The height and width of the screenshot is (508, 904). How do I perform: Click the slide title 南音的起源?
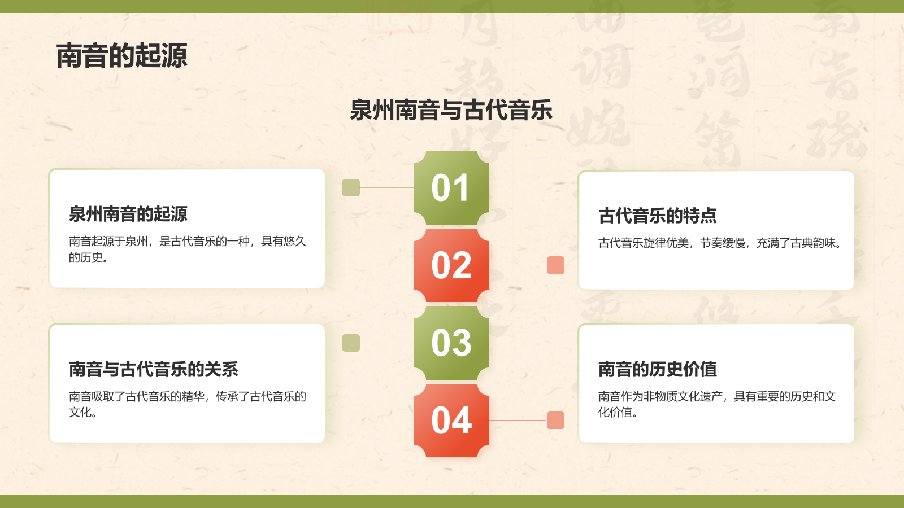(121, 56)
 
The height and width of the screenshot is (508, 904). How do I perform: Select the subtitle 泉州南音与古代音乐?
(451, 110)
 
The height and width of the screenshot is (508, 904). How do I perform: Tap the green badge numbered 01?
(451, 188)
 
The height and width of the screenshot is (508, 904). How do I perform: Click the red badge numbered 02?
(451, 265)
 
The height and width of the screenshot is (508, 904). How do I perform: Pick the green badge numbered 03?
(451, 343)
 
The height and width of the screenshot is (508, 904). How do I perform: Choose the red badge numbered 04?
(451, 421)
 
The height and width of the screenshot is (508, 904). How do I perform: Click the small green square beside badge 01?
(351, 188)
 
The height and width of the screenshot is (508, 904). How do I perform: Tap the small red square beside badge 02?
(555, 265)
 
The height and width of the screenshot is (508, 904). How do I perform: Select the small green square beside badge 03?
(351, 343)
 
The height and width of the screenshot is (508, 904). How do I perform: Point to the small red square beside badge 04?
(555, 421)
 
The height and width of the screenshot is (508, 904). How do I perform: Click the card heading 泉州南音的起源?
(128, 214)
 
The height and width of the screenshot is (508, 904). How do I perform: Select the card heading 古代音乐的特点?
(658, 216)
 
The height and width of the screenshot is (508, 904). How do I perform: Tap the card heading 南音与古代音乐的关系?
(154, 369)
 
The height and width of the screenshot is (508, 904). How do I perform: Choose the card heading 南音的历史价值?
(658, 369)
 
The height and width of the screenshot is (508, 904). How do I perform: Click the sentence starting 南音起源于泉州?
(187, 249)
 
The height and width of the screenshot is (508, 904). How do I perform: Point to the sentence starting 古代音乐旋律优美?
(720, 243)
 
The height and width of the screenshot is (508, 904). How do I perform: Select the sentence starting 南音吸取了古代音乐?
(187, 404)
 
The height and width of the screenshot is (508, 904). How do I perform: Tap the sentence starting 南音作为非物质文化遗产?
(716, 404)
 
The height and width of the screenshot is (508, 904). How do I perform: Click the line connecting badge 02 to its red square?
(518, 265)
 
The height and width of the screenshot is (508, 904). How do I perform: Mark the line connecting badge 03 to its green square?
(386, 343)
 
